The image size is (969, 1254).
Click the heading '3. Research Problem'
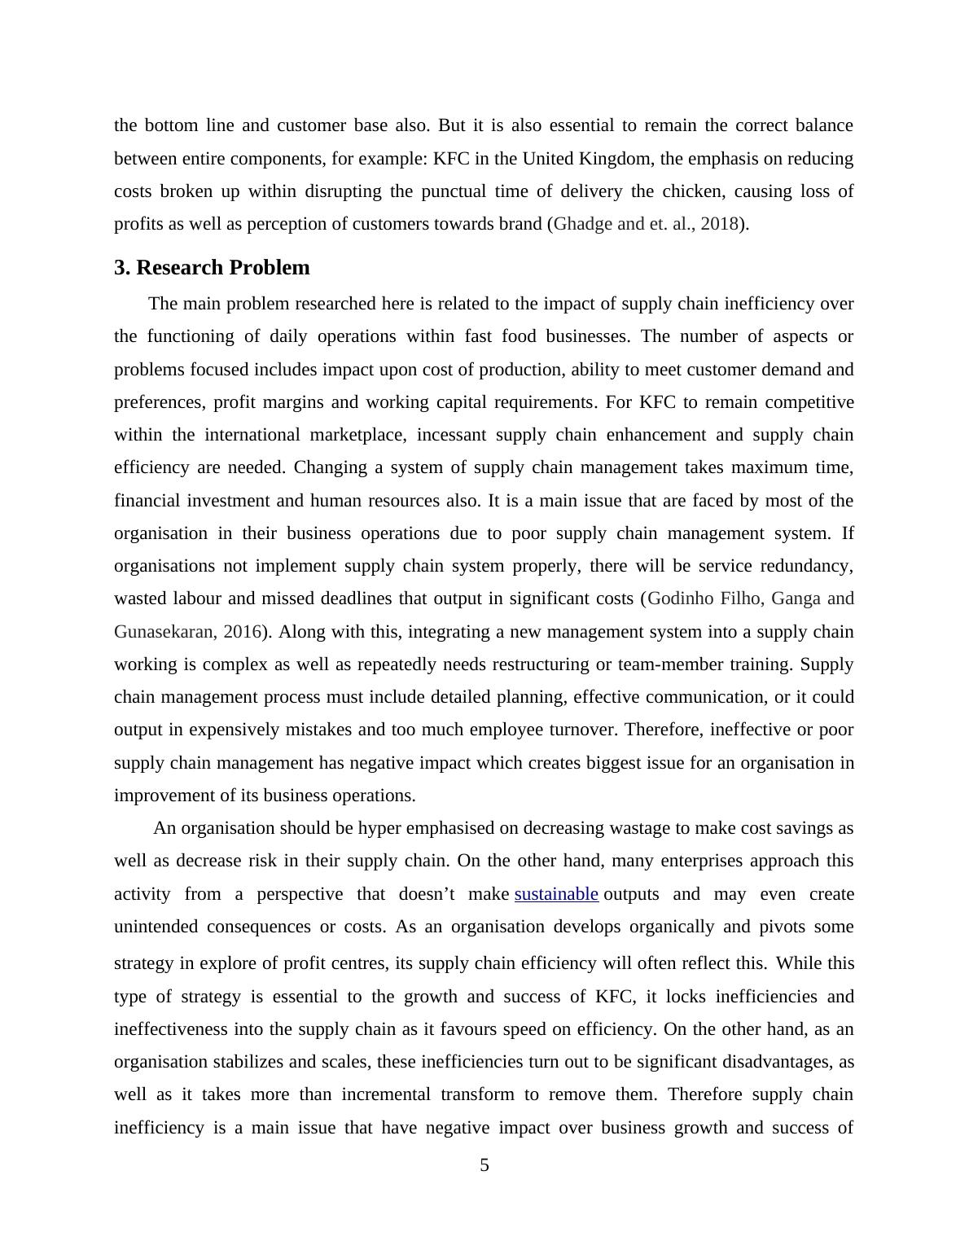[x=212, y=268]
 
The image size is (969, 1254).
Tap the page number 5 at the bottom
[x=484, y=1165]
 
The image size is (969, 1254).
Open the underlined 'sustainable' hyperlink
[x=556, y=894]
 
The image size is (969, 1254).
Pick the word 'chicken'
[x=691, y=191]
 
